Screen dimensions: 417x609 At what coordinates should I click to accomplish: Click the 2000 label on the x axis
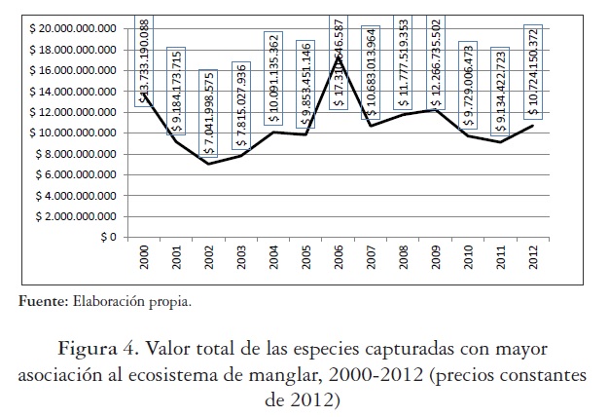(x=144, y=259)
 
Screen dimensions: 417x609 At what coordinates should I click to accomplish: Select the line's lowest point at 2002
(x=209, y=164)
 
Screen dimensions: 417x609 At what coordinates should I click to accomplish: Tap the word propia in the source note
(x=170, y=302)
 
